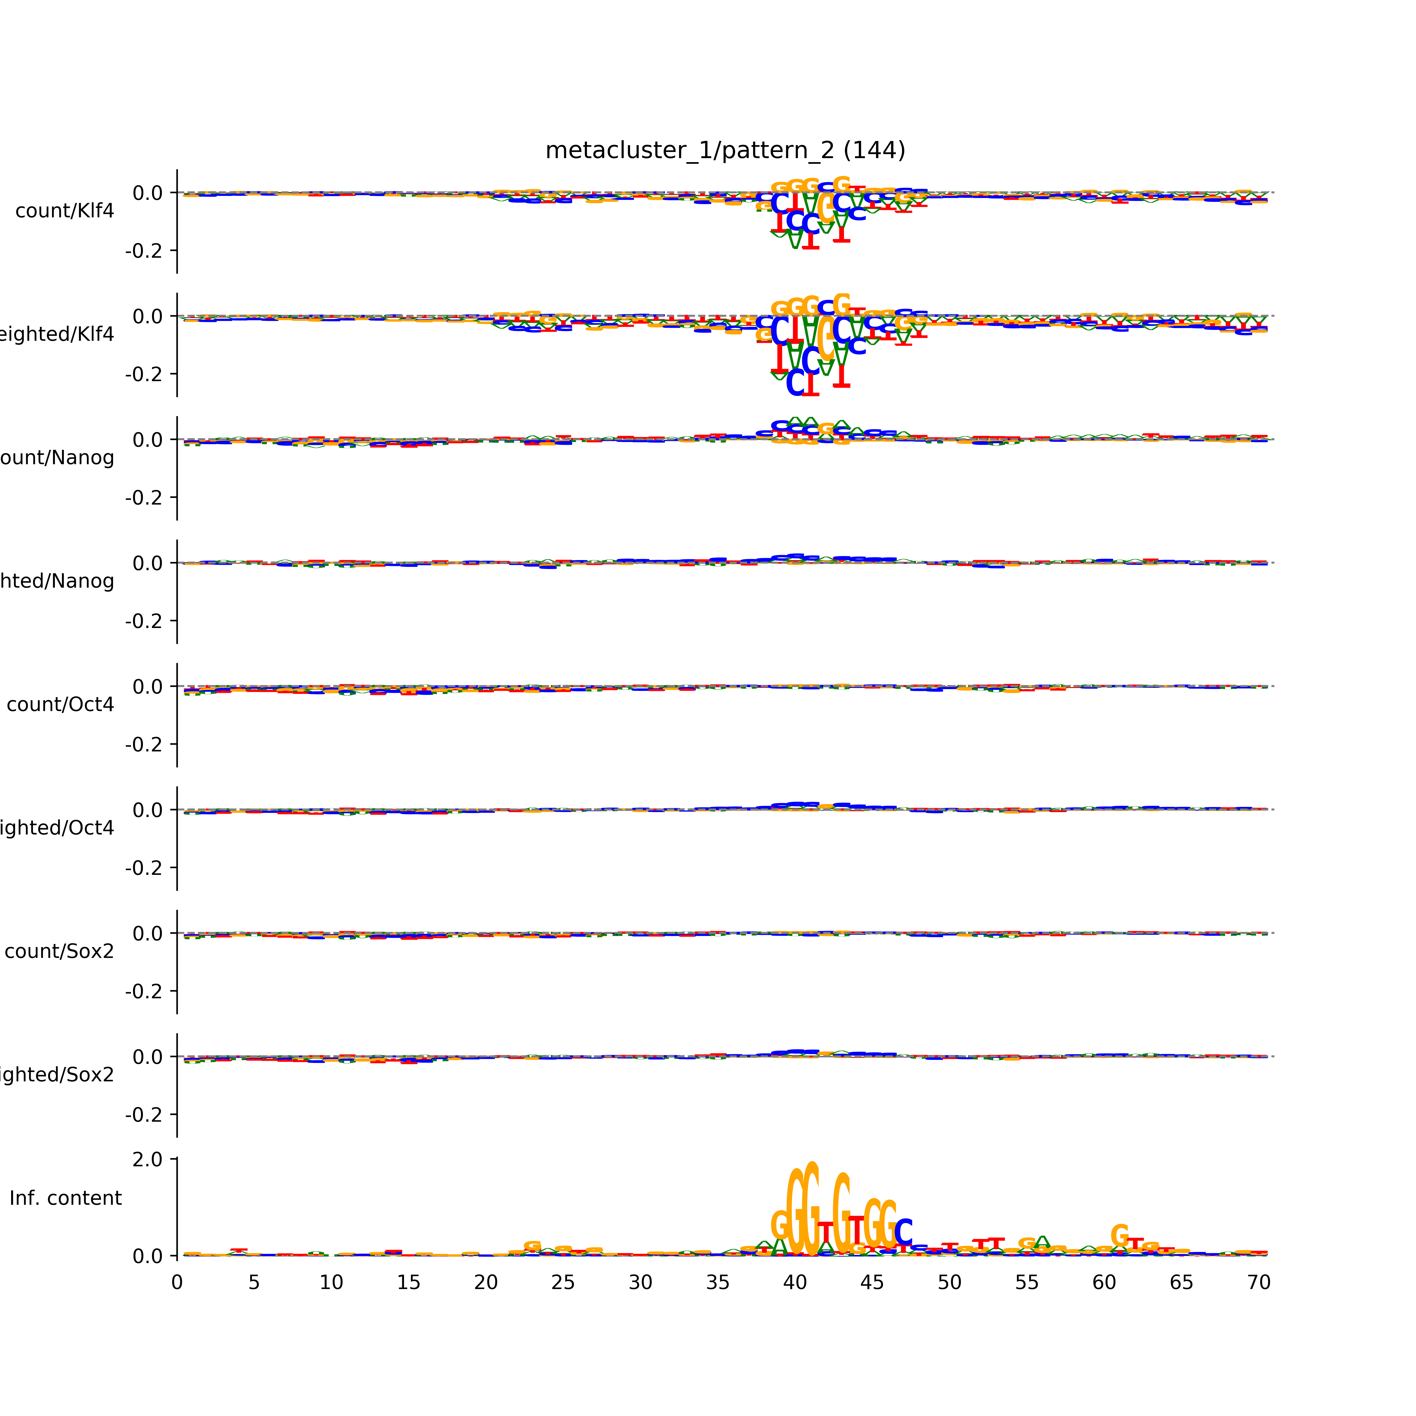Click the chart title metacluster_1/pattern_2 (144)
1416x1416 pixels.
tap(725, 150)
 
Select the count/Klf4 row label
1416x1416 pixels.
tap(64, 211)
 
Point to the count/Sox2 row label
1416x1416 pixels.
tap(59, 951)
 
